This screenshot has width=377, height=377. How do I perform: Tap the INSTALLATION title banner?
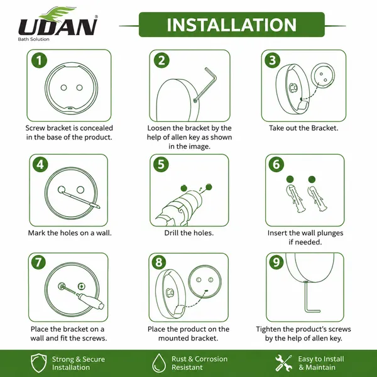pos(232,25)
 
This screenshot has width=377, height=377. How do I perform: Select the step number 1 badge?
pos(39,60)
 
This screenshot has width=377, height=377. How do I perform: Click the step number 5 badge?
pos(161,165)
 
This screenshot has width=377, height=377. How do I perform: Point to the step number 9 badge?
pos(276,262)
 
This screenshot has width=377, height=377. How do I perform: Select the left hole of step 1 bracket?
pos(63,87)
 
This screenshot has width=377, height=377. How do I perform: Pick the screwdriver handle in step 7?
pos(92,301)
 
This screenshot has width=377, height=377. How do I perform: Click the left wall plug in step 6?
pos(295,199)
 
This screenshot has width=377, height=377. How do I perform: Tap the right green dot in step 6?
pos(312,179)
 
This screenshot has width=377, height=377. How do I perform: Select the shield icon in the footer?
pos(39,363)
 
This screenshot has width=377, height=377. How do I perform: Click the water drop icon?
pos(159,363)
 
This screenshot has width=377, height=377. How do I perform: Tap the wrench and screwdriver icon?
pos(284,363)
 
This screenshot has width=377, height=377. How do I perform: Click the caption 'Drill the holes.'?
pos(188,232)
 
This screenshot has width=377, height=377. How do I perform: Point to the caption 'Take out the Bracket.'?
pos(303,128)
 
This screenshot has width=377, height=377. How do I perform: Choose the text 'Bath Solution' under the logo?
pos(34,39)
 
